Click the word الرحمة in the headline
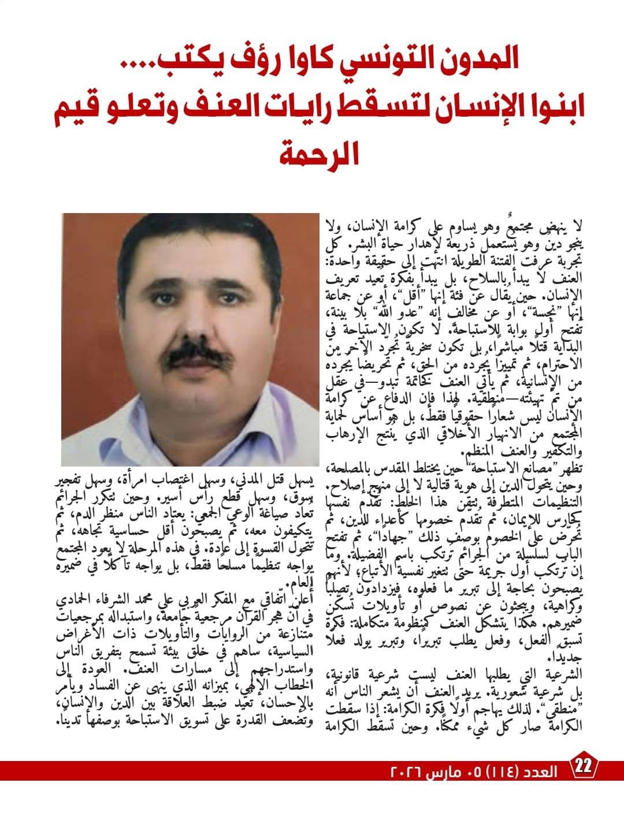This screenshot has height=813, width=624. pos(314,151)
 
